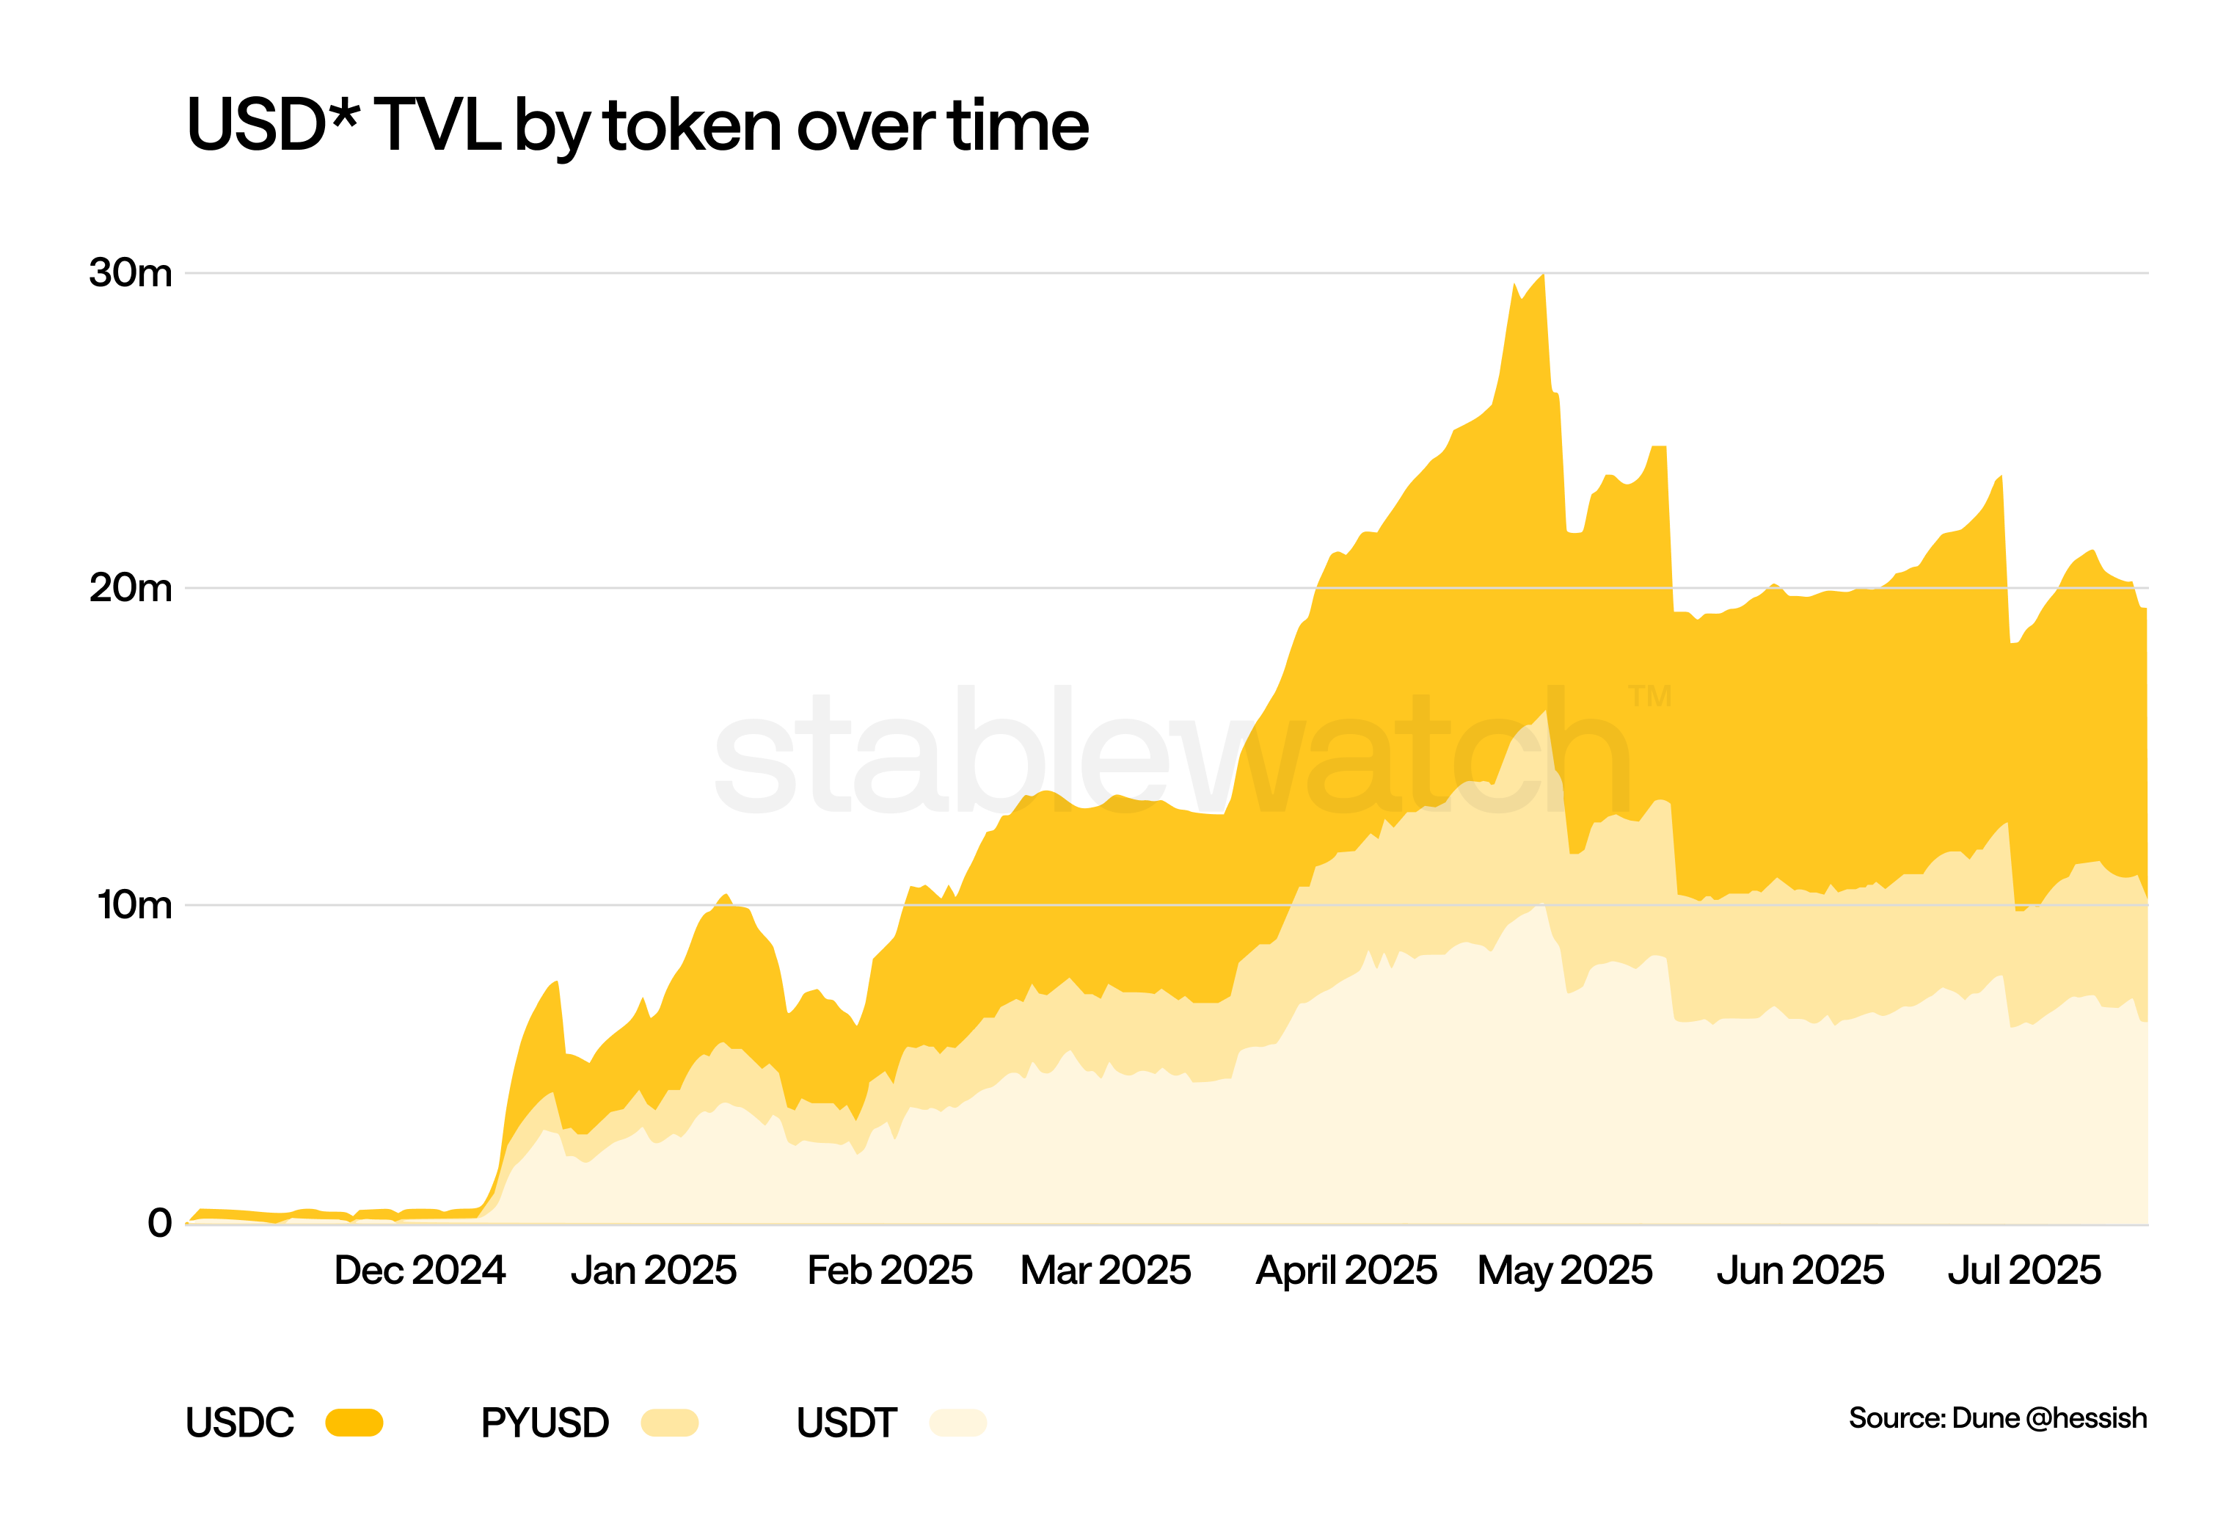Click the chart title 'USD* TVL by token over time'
638,126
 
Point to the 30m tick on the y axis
131,274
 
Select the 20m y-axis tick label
131,588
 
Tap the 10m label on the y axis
135,905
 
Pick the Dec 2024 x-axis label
420,1271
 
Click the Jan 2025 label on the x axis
654,1271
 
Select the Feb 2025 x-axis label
889,1271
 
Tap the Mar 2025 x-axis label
1106,1271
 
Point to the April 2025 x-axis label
1346,1271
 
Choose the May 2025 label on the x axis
1565,1271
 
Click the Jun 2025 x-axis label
1800,1271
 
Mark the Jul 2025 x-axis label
2024,1271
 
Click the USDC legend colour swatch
354,1422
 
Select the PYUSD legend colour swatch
669,1422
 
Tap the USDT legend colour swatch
957,1422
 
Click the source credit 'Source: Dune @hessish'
1997,1418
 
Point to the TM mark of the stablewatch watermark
1650,695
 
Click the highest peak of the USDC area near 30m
1543,276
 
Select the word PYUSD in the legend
545,1422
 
